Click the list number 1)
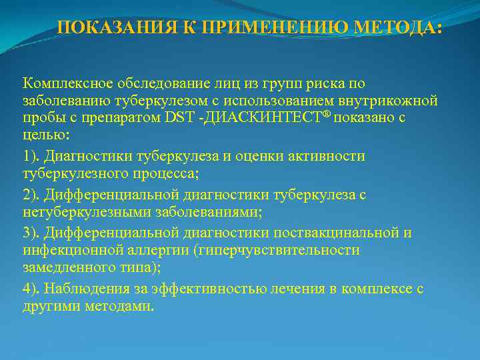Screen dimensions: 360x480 [32, 156]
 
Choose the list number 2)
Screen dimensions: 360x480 [32, 195]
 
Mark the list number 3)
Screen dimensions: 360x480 [32, 233]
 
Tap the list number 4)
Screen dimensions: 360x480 [32, 289]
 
